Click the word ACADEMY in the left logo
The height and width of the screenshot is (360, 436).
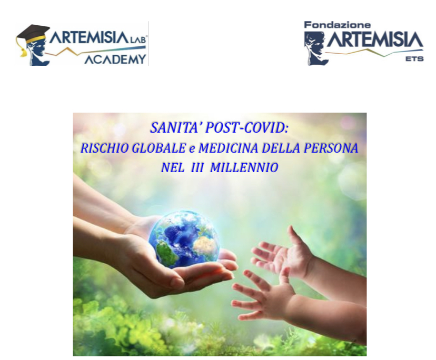point(115,59)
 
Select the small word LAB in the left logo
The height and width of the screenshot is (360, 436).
point(137,40)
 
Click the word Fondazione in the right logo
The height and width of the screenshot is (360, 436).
point(338,25)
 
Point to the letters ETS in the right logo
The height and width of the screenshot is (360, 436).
point(414,58)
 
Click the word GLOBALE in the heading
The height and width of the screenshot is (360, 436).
point(158,148)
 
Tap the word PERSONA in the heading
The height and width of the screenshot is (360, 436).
point(331,148)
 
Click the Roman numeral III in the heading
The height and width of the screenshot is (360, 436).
point(197,167)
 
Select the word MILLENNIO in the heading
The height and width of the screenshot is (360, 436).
point(244,167)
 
